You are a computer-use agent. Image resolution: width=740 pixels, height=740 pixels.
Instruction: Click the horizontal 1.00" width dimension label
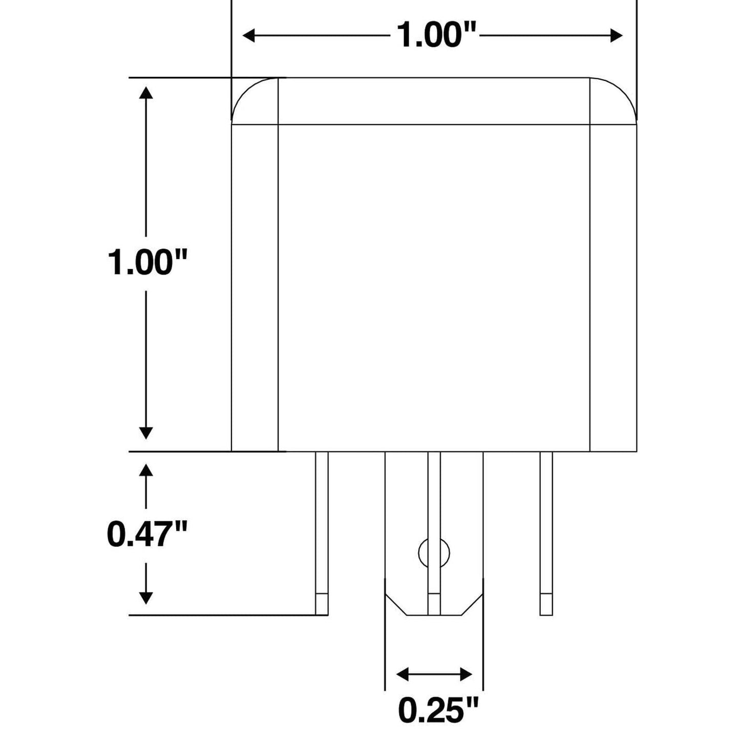click(x=437, y=36)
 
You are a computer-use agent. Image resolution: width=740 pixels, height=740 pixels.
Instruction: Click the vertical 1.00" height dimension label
click(x=146, y=263)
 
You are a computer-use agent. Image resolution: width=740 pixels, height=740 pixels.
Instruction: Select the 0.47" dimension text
click(x=146, y=534)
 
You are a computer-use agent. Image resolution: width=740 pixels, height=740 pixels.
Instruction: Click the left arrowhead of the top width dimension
click(x=249, y=36)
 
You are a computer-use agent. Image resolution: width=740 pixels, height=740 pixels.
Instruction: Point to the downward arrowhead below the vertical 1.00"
click(x=146, y=433)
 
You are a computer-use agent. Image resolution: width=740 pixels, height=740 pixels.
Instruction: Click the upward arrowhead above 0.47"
click(x=146, y=471)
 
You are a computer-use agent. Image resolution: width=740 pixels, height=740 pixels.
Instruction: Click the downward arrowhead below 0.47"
click(x=146, y=597)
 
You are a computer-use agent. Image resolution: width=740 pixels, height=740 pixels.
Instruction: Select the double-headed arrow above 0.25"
click(x=434, y=674)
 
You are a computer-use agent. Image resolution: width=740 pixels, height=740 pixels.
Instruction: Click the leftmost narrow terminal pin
click(x=321, y=527)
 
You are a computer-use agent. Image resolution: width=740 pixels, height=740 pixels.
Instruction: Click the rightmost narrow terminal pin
click(x=546, y=527)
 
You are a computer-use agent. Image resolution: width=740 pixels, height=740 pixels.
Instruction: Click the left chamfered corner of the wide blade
click(x=395, y=605)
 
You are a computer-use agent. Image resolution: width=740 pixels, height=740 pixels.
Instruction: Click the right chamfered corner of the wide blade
click(x=473, y=605)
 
